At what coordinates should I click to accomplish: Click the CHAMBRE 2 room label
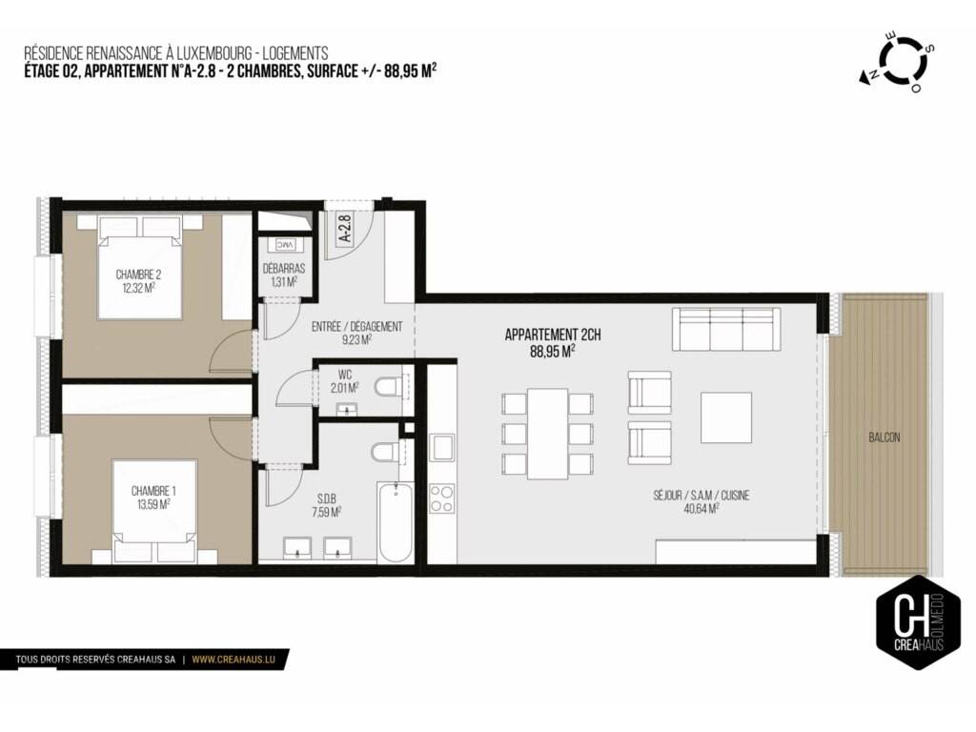coord(139,274)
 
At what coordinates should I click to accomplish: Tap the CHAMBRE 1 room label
coord(153,491)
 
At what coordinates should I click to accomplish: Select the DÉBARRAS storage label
coord(284,269)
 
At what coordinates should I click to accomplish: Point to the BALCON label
coord(884,437)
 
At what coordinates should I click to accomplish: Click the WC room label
coord(345,375)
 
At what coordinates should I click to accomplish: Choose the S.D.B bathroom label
coord(327,498)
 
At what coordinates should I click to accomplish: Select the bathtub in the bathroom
coord(395,521)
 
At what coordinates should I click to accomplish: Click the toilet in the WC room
coord(387,387)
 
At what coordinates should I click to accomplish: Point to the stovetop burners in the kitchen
coord(442,498)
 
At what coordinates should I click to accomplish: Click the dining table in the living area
coord(548,434)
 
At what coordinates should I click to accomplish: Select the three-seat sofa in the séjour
coord(725,329)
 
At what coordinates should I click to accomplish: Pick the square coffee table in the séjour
coord(725,417)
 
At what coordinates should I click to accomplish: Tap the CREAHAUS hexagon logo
coord(918,621)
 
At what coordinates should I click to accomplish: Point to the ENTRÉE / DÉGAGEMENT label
coord(356,327)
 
